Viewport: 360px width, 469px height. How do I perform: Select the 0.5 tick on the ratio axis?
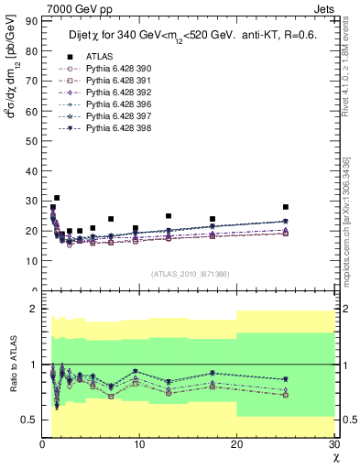(29, 420)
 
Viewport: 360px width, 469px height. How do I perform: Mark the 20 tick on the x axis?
(236, 444)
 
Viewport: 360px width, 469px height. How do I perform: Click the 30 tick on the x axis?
(333, 444)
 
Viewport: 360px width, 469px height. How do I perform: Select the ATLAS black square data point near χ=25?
(286, 207)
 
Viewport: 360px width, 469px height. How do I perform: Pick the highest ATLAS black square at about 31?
(57, 198)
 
